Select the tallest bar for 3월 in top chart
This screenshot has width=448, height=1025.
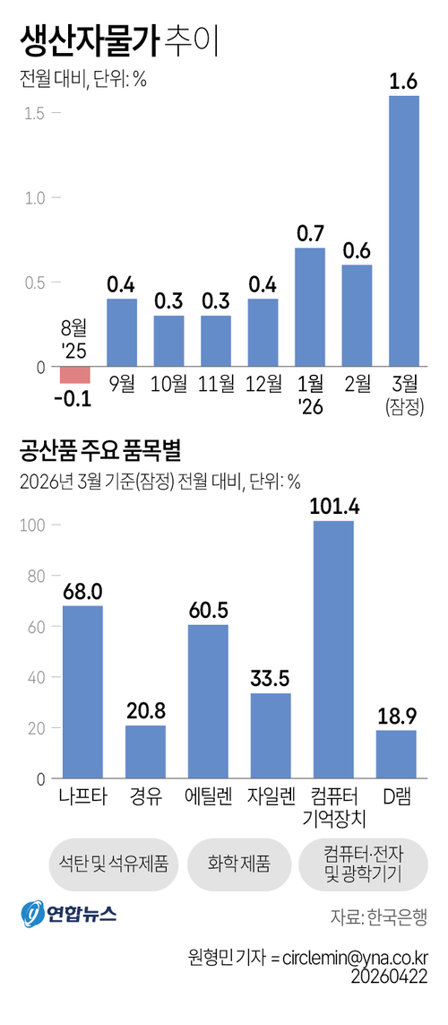403,231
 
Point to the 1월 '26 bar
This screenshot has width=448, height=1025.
309,308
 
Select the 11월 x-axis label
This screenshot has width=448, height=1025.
216,385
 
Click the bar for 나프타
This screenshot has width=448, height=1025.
82,692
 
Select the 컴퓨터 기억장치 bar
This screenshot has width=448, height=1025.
333,649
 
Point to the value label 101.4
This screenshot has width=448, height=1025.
333,507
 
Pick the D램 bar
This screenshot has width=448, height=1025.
396,754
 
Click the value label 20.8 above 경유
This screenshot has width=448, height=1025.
145,711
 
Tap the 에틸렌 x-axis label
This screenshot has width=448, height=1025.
208,795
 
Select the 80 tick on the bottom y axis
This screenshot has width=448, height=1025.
31,577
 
